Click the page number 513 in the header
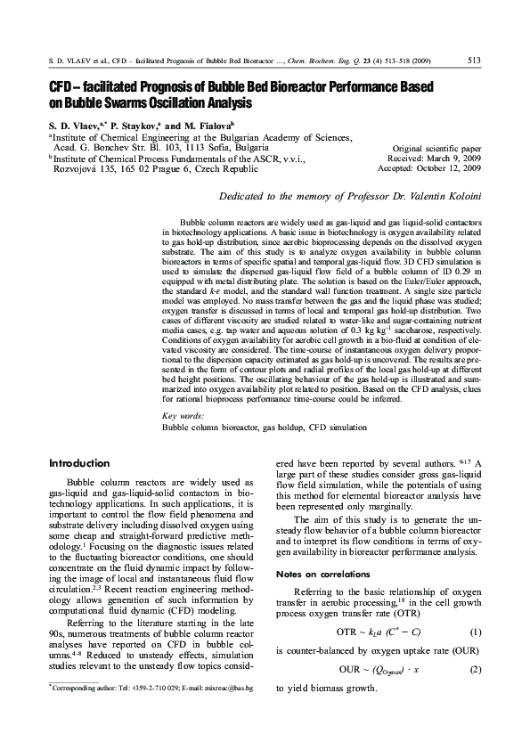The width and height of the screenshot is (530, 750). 474,61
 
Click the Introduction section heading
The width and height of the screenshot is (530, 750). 79,463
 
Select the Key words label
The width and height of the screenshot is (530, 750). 183,416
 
